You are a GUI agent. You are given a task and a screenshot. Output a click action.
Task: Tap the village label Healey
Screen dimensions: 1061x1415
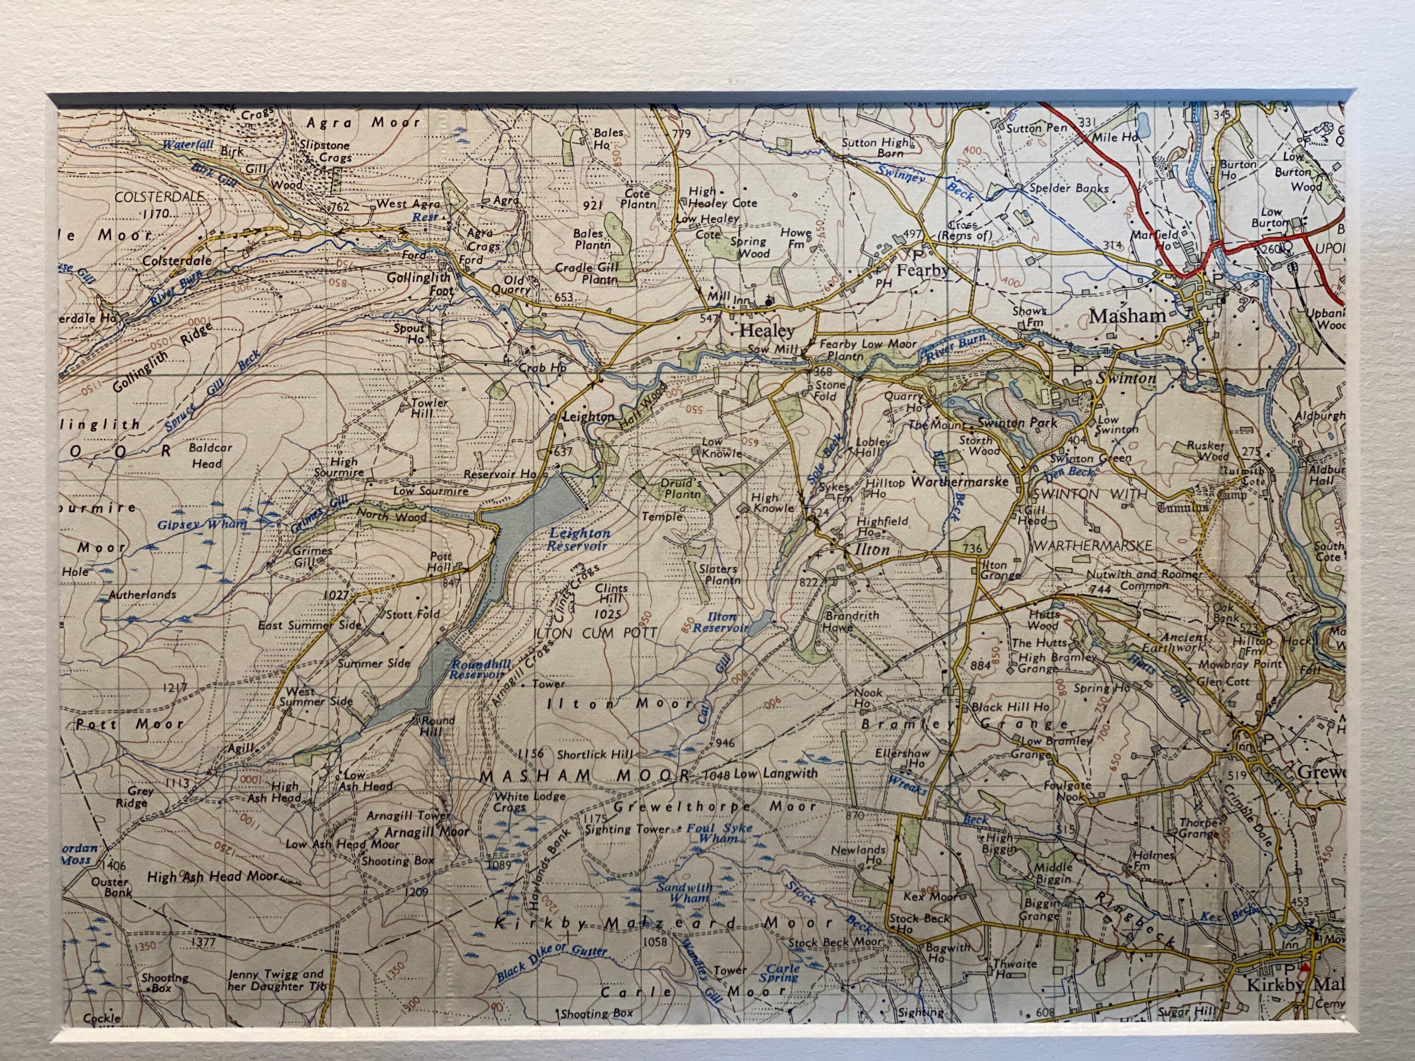[x=767, y=330]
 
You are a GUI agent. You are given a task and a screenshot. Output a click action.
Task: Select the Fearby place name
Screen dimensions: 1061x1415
[x=922, y=270]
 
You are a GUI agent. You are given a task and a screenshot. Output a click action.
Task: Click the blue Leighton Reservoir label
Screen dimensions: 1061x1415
[x=579, y=539]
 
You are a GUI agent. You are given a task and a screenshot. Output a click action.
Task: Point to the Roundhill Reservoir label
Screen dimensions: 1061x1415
[x=480, y=670]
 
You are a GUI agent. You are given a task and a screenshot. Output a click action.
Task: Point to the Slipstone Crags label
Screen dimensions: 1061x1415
[x=327, y=151]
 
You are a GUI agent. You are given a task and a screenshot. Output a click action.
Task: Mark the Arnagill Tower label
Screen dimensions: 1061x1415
[x=408, y=816]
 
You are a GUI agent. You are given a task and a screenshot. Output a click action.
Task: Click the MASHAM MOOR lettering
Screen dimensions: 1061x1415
[x=585, y=775]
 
